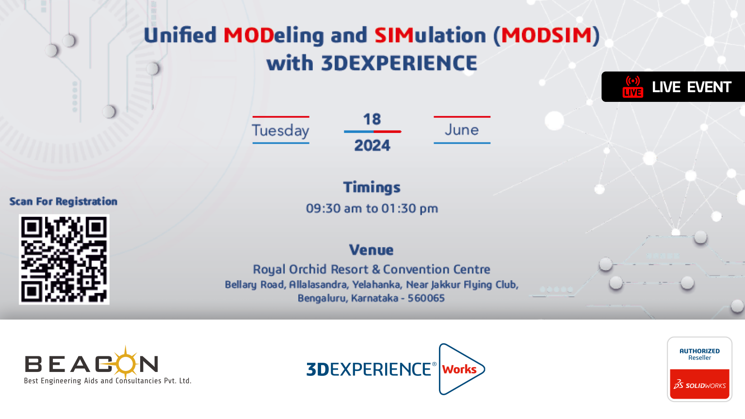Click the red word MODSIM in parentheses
pos(547,35)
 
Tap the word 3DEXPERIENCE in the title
pos(399,63)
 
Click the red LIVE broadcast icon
pos(632,87)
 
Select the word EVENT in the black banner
pos(709,87)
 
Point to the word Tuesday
pos(280,130)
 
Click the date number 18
pos(372,119)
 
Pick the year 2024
pos(372,145)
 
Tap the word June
pos(462,129)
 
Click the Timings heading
pos(372,188)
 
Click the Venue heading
pos(371,250)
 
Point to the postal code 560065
pos(426,298)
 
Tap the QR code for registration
pos(64,259)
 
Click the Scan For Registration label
pos(63,202)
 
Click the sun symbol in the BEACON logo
pos(126,363)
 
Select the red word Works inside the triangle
pos(459,369)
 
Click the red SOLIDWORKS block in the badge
pos(699,384)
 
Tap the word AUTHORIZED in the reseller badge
pos(699,351)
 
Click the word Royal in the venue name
pos(269,270)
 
